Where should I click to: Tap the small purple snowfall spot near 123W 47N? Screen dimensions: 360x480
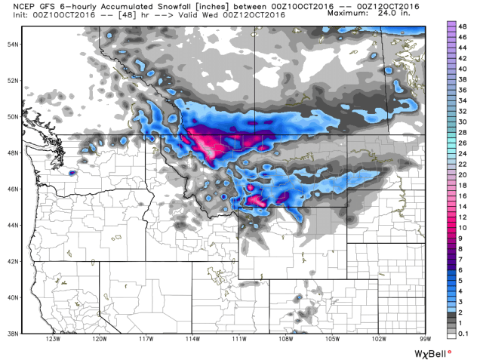point(72,173)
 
